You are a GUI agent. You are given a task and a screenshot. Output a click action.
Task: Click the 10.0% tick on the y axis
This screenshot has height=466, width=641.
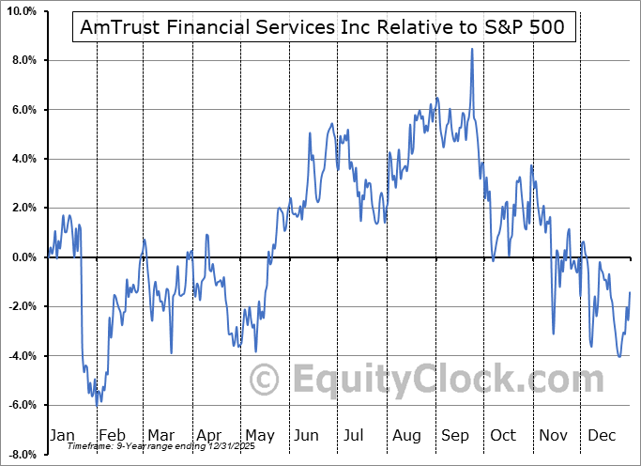pos(21,11)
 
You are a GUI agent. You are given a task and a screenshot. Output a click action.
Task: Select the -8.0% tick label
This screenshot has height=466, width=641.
pos(22,455)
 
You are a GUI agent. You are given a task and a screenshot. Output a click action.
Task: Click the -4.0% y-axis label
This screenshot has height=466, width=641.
pos(22,356)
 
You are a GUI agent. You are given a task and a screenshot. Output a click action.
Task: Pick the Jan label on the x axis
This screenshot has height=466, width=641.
pos(61,435)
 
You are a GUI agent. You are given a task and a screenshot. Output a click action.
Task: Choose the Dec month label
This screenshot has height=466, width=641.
pos(602,435)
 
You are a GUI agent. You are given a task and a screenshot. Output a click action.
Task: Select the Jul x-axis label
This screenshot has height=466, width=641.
pos(356,435)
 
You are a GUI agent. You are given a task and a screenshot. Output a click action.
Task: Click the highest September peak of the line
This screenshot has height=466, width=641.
pos(472,49)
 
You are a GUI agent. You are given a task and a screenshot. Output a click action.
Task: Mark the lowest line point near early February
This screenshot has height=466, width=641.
pos(97,403)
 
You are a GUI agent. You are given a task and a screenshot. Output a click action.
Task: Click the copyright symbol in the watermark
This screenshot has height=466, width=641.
pos(267,380)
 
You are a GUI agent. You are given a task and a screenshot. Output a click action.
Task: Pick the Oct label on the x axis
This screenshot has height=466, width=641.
pos(503,435)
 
